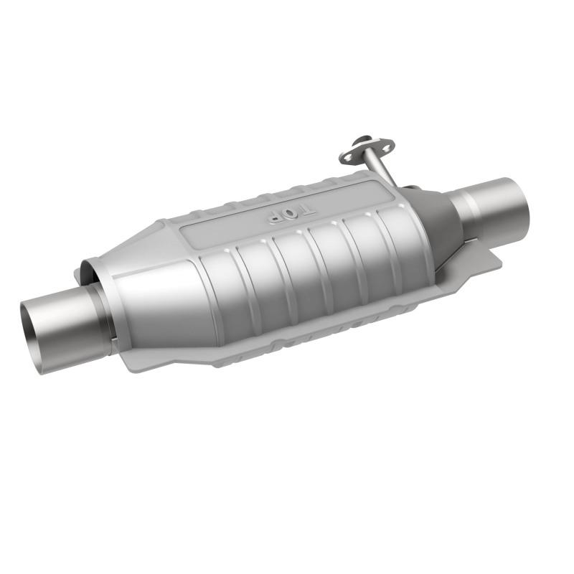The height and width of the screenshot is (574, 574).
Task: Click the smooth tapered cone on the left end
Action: [154, 294]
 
